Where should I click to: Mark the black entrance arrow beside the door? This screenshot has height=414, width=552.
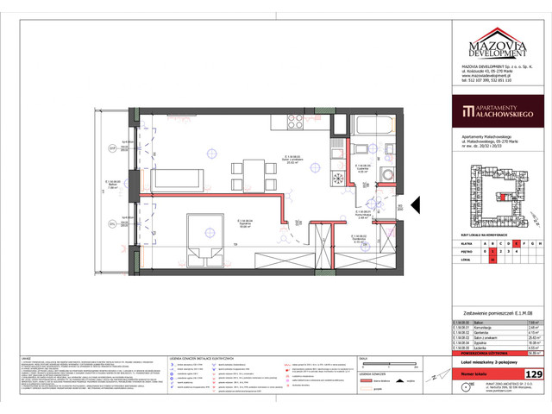[x=416, y=206]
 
